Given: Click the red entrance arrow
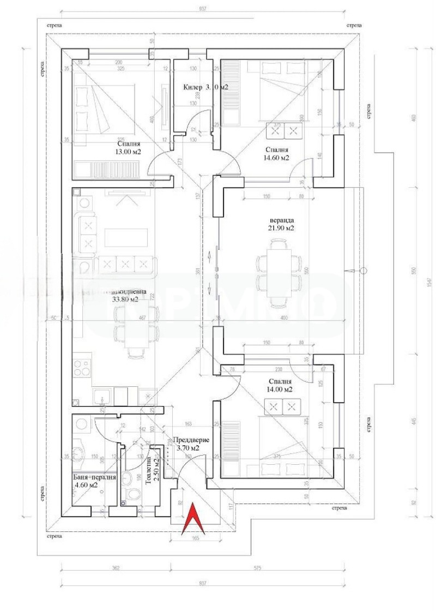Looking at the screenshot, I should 193,519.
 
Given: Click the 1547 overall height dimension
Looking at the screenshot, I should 429,281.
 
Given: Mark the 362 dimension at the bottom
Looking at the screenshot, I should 116,568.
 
